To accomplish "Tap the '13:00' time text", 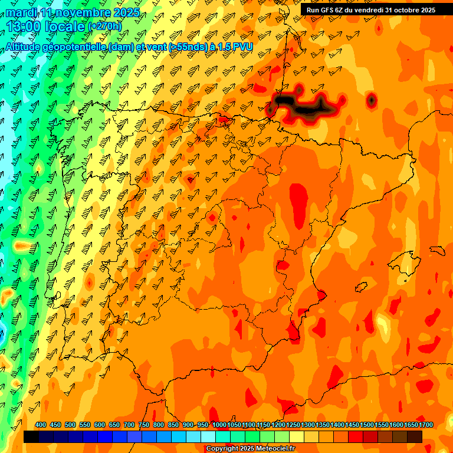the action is (x=25, y=26).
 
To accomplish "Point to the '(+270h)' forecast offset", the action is (x=105, y=26).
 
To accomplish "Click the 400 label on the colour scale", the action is (x=41, y=425).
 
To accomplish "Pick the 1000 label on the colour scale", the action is (x=219, y=425).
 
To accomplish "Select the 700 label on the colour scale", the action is (x=129, y=425).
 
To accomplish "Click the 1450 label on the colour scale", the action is (x=352, y=425).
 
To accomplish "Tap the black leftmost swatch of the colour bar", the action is (x=31, y=437).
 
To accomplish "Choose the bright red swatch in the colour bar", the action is (x=356, y=437).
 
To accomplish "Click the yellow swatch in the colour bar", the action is (x=297, y=437).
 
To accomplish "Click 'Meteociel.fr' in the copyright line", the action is (x=274, y=449).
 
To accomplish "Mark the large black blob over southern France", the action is (x=304, y=107).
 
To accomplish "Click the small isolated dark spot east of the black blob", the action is (x=371, y=101).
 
